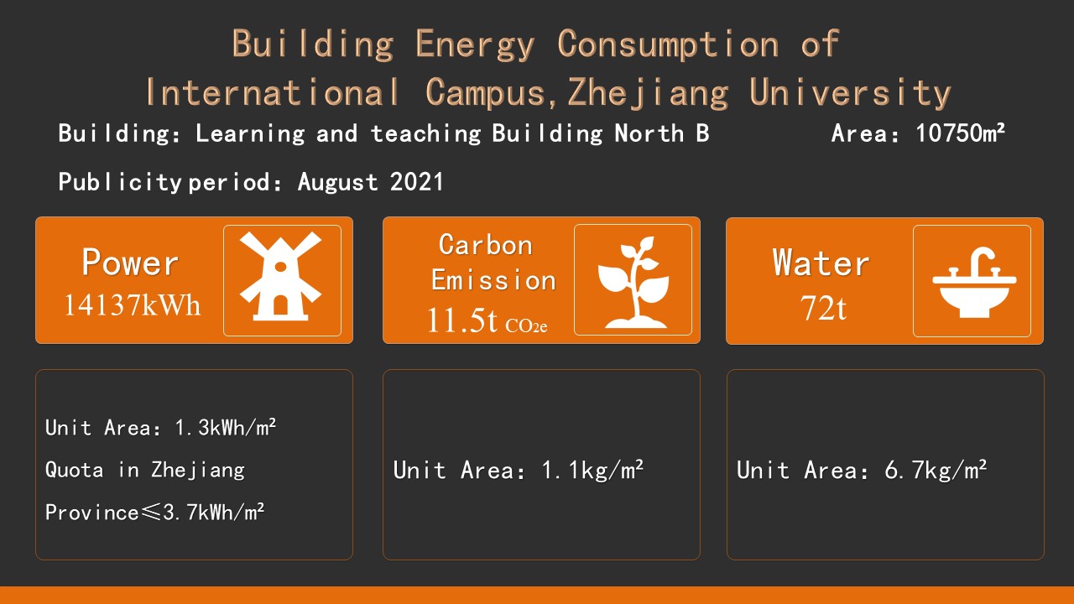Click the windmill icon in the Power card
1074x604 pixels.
click(281, 277)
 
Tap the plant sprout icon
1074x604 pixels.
click(633, 282)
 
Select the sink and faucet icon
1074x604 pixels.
click(974, 283)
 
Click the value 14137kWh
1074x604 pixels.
click(132, 305)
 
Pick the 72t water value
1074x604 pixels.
click(823, 307)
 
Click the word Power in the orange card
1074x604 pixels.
click(130, 263)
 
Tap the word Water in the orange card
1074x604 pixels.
click(821, 263)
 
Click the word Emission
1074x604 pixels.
click(493, 280)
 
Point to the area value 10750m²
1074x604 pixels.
click(960, 133)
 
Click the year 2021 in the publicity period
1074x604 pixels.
click(417, 182)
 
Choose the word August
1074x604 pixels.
click(337, 183)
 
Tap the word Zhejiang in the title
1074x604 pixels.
click(649, 93)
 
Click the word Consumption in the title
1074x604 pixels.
click(669, 44)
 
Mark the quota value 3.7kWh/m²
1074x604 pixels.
click(213, 513)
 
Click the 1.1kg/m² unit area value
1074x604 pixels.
click(592, 470)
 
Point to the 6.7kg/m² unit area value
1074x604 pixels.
click(936, 470)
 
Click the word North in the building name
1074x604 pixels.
click(649, 133)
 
